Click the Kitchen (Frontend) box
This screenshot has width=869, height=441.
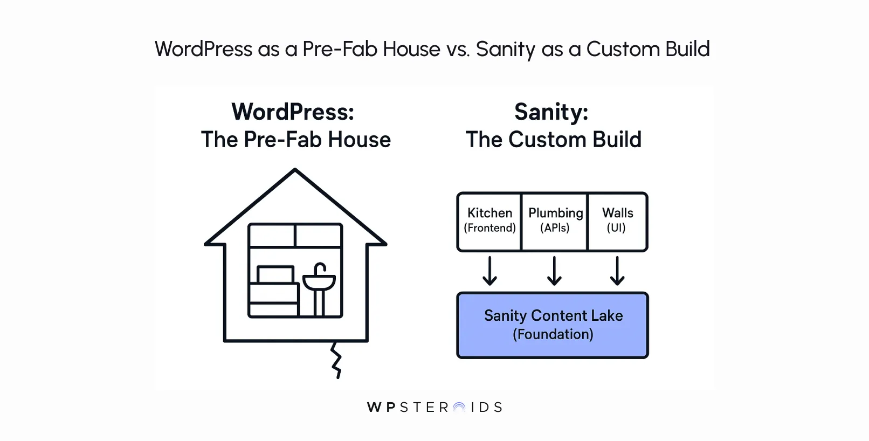pos(489,222)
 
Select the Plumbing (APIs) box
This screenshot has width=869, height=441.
pos(555,222)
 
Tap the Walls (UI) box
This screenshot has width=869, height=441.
pos(617,222)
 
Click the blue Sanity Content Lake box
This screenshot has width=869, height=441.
pos(553,325)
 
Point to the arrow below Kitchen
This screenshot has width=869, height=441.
pos(489,271)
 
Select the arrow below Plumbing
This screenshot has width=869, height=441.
pos(554,271)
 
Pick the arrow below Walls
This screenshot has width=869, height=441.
pos(617,271)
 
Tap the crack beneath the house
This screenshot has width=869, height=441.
pos(336,360)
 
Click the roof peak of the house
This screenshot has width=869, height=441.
pos(295,171)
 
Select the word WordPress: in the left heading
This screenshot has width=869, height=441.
pos(293,112)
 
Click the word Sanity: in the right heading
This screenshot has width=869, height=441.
pos(551,112)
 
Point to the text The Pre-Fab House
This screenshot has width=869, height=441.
pos(295,140)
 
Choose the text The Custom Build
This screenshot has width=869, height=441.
pos(554,140)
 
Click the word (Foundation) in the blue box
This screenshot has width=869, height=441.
pos(553,334)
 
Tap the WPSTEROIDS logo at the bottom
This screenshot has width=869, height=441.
pos(434,407)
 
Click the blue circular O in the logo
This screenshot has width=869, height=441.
pos(459,408)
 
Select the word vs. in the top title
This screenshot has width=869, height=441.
pos(458,49)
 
